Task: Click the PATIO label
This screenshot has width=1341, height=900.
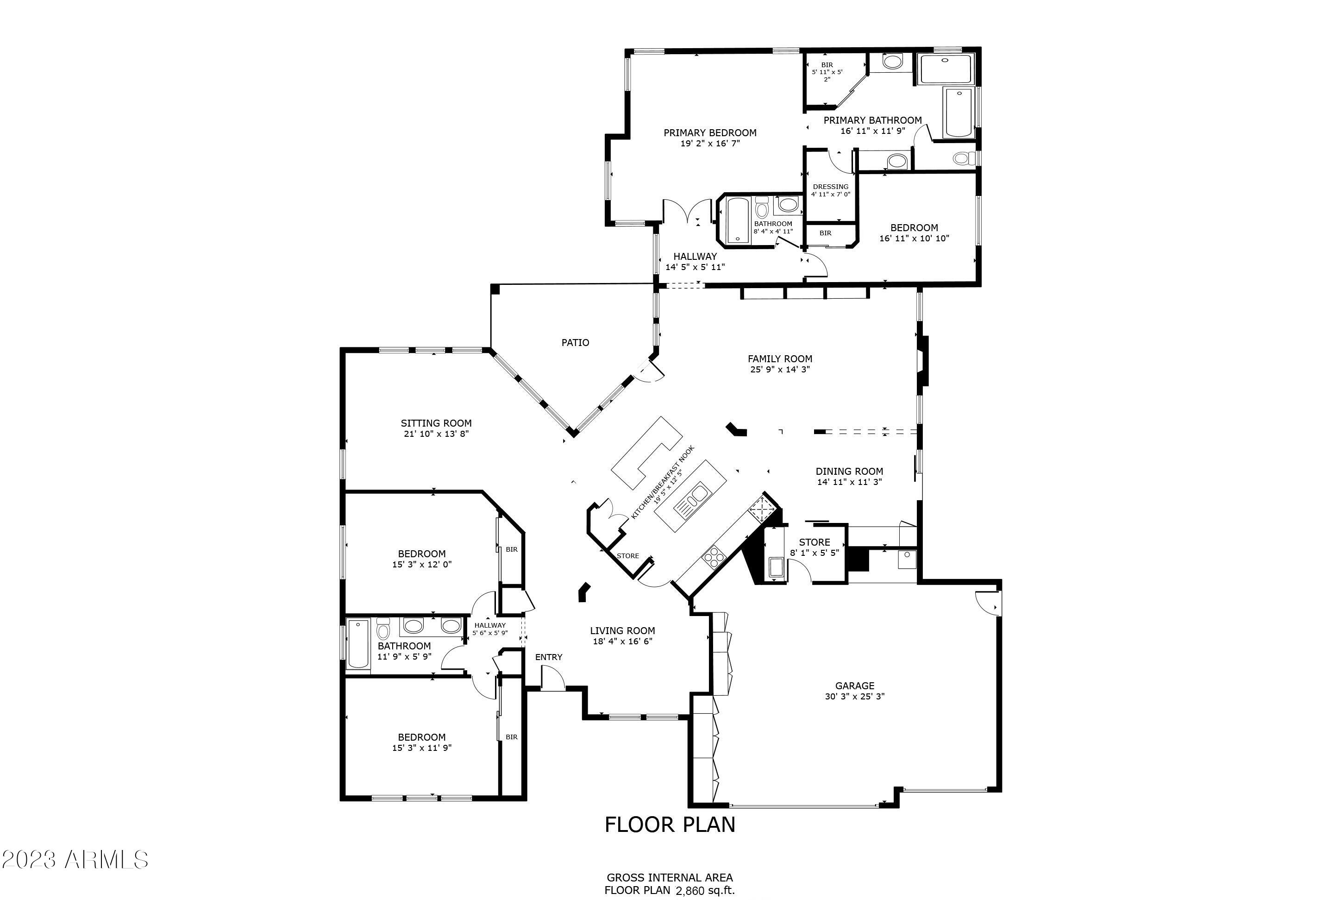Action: [575, 343]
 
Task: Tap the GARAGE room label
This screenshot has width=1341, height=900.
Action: [854, 686]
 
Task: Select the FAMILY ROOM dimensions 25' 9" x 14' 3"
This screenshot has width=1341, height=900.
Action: [780, 370]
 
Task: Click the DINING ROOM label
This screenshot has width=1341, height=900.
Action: [849, 471]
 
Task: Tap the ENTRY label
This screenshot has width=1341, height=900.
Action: [549, 657]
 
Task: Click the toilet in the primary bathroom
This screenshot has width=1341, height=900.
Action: [964, 158]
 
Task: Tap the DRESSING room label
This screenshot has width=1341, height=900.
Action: [830, 187]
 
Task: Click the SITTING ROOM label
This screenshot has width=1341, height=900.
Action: [436, 423]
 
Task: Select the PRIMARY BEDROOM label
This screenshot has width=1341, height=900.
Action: [710, 132]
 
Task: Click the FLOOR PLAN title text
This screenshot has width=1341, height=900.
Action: [670, 825]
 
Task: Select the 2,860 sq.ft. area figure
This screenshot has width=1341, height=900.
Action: [705, 891]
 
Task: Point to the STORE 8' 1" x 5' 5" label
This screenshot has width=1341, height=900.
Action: [814, 542]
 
